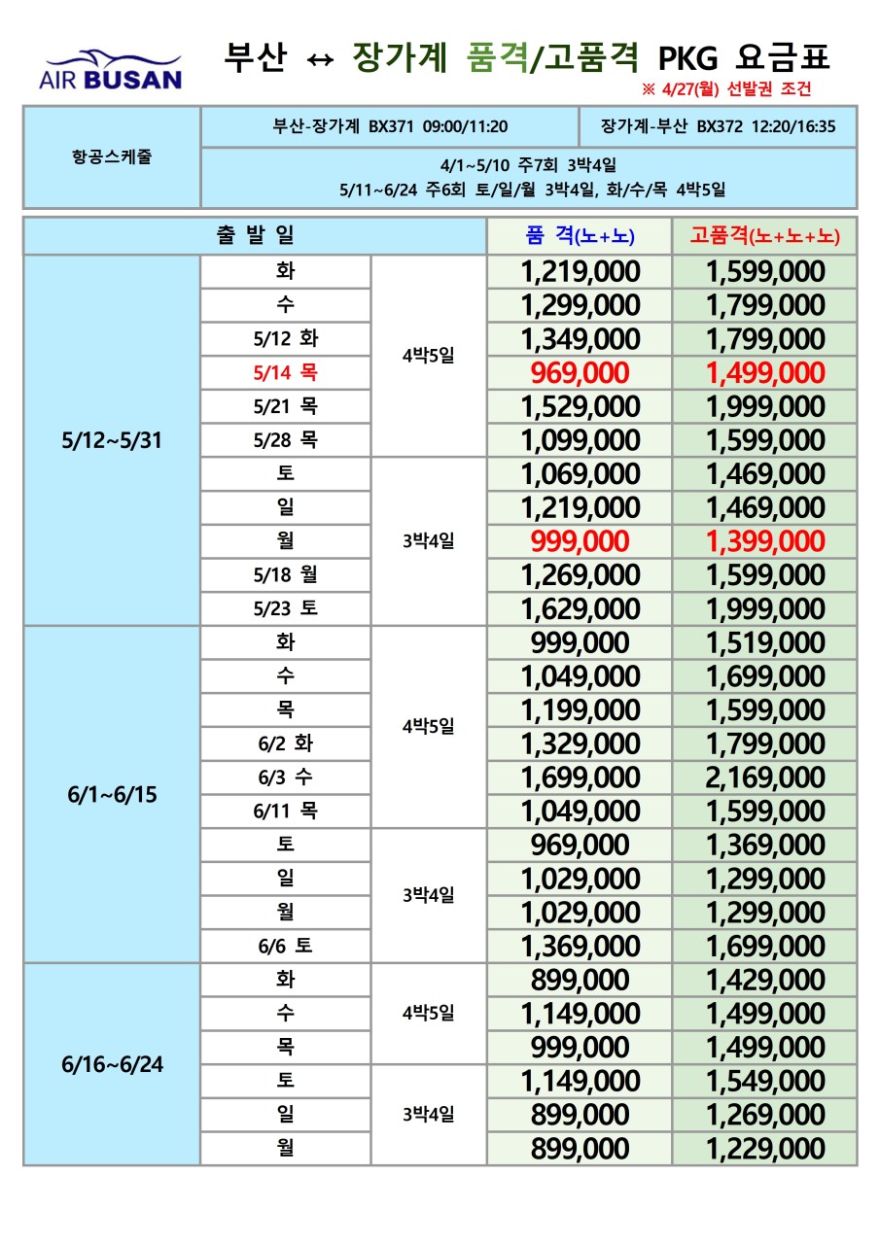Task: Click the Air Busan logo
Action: (x=110, y=69)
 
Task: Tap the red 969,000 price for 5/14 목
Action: (x=580, y=373)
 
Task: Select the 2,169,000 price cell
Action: (x=764, y=777)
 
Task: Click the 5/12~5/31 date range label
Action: (x=111, y=440)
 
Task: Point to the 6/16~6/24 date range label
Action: (x=111, y=1064)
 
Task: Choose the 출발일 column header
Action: (x=255, y=235)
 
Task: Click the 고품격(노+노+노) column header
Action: (x=764, y=235)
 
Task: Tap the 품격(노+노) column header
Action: (x=580, y=235)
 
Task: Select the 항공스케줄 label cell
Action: (x=111, y=157)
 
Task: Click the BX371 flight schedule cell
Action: (x=390, y=126)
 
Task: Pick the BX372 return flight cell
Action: (x=717, y=126)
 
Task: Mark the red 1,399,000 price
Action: (x=764, y=541)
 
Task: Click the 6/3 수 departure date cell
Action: (x=286, y=777)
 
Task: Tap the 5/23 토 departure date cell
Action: (x=286, y=608)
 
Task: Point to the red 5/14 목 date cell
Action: (x=286, y=373)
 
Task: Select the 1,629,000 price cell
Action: (x=580, y=609)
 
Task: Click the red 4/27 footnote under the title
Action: (x=725, y=89)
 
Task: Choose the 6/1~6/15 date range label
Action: (x=111, y=794)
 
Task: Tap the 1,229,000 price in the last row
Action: (x=764, y=1149)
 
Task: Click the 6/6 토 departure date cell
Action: (x=286, y=946)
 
